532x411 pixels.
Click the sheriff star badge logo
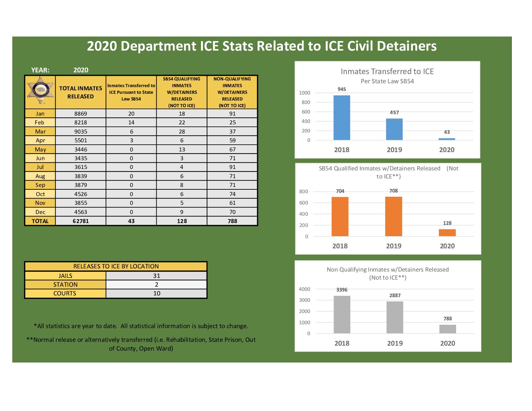point(40,91)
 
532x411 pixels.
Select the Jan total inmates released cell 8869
point(80,113)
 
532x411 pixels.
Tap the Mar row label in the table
point(40,131)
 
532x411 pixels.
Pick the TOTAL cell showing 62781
point(80,221)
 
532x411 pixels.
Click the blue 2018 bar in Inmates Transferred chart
point(342,118)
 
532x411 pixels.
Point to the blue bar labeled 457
point(394,129)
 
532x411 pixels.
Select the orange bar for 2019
point(394,216)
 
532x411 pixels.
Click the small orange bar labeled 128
point(447,233)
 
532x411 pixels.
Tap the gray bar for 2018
point(342,314)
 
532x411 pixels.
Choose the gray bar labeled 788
point(448,329)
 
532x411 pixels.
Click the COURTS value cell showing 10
point(156,293)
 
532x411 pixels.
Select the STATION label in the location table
point(65,285)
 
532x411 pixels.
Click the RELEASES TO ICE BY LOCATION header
point(116,266)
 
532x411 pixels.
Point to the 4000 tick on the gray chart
point(304,289)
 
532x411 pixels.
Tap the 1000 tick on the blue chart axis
point(304,93)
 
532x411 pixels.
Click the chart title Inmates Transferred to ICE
point(387,71)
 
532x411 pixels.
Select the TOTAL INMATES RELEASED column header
point(80,92)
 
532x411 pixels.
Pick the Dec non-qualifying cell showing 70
point(232,212)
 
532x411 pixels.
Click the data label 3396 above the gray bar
point(342,290)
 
